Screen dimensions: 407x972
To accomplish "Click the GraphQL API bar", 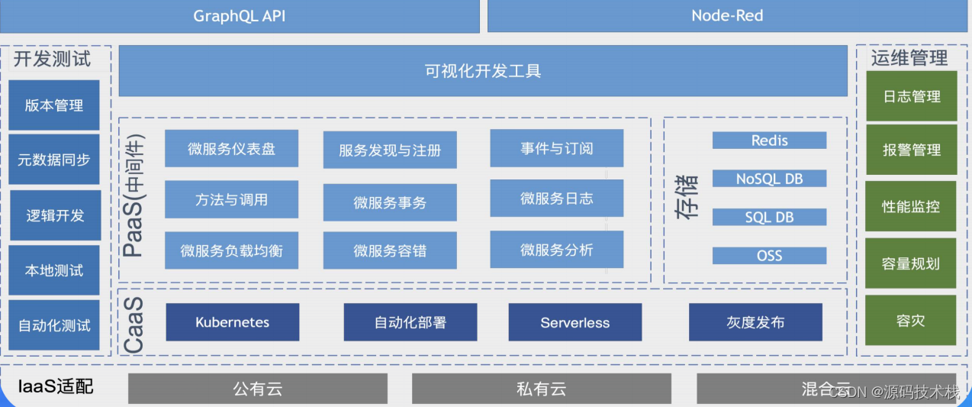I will [x=239, y=16].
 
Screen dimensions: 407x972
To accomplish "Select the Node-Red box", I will [x=727, y=16].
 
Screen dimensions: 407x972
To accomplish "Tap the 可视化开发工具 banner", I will [x=482, y=71].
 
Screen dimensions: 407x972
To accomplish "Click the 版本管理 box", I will [x=54, y=105].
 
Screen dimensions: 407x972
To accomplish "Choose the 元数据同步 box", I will [x=54, y=160].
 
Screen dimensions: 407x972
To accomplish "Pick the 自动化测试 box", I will [x=54, y=325].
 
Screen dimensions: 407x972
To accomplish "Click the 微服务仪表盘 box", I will [x=232, y=149].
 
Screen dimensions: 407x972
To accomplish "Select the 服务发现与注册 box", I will [x=390, y=150].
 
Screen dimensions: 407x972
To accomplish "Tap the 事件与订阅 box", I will [x=557, y=148].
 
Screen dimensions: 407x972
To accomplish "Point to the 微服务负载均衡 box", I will [x=232, y=250].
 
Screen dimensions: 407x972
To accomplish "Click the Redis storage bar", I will [x=769, y=141].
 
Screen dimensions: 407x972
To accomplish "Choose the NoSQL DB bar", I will [x=769, y=179].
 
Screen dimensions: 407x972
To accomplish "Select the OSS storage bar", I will [x=769, y=256].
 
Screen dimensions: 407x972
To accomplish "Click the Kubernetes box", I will [x=232, y=322].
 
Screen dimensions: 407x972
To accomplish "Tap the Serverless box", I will [x=575, y=322].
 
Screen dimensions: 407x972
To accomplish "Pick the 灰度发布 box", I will [x=755, y=322].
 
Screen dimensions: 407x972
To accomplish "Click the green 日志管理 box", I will [x=911, y=96].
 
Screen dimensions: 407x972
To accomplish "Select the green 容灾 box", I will [x=911, y=321].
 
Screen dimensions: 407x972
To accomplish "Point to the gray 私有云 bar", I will [x=542, y=389].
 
